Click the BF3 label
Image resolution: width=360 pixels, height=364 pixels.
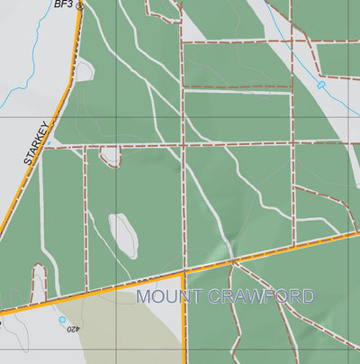(x=63, y=5)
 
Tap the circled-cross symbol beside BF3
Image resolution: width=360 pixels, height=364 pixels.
(x=79, y=5)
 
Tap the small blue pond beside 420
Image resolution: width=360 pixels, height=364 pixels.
(x=62, y=320)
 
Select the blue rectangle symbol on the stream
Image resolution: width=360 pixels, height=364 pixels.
(x=320, y=85)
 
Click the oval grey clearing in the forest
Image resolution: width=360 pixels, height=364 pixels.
(x=123, y=233)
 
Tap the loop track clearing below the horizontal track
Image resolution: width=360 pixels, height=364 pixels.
(x=111, y=157)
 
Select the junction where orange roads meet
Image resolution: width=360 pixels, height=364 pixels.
(x=184, y=272)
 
